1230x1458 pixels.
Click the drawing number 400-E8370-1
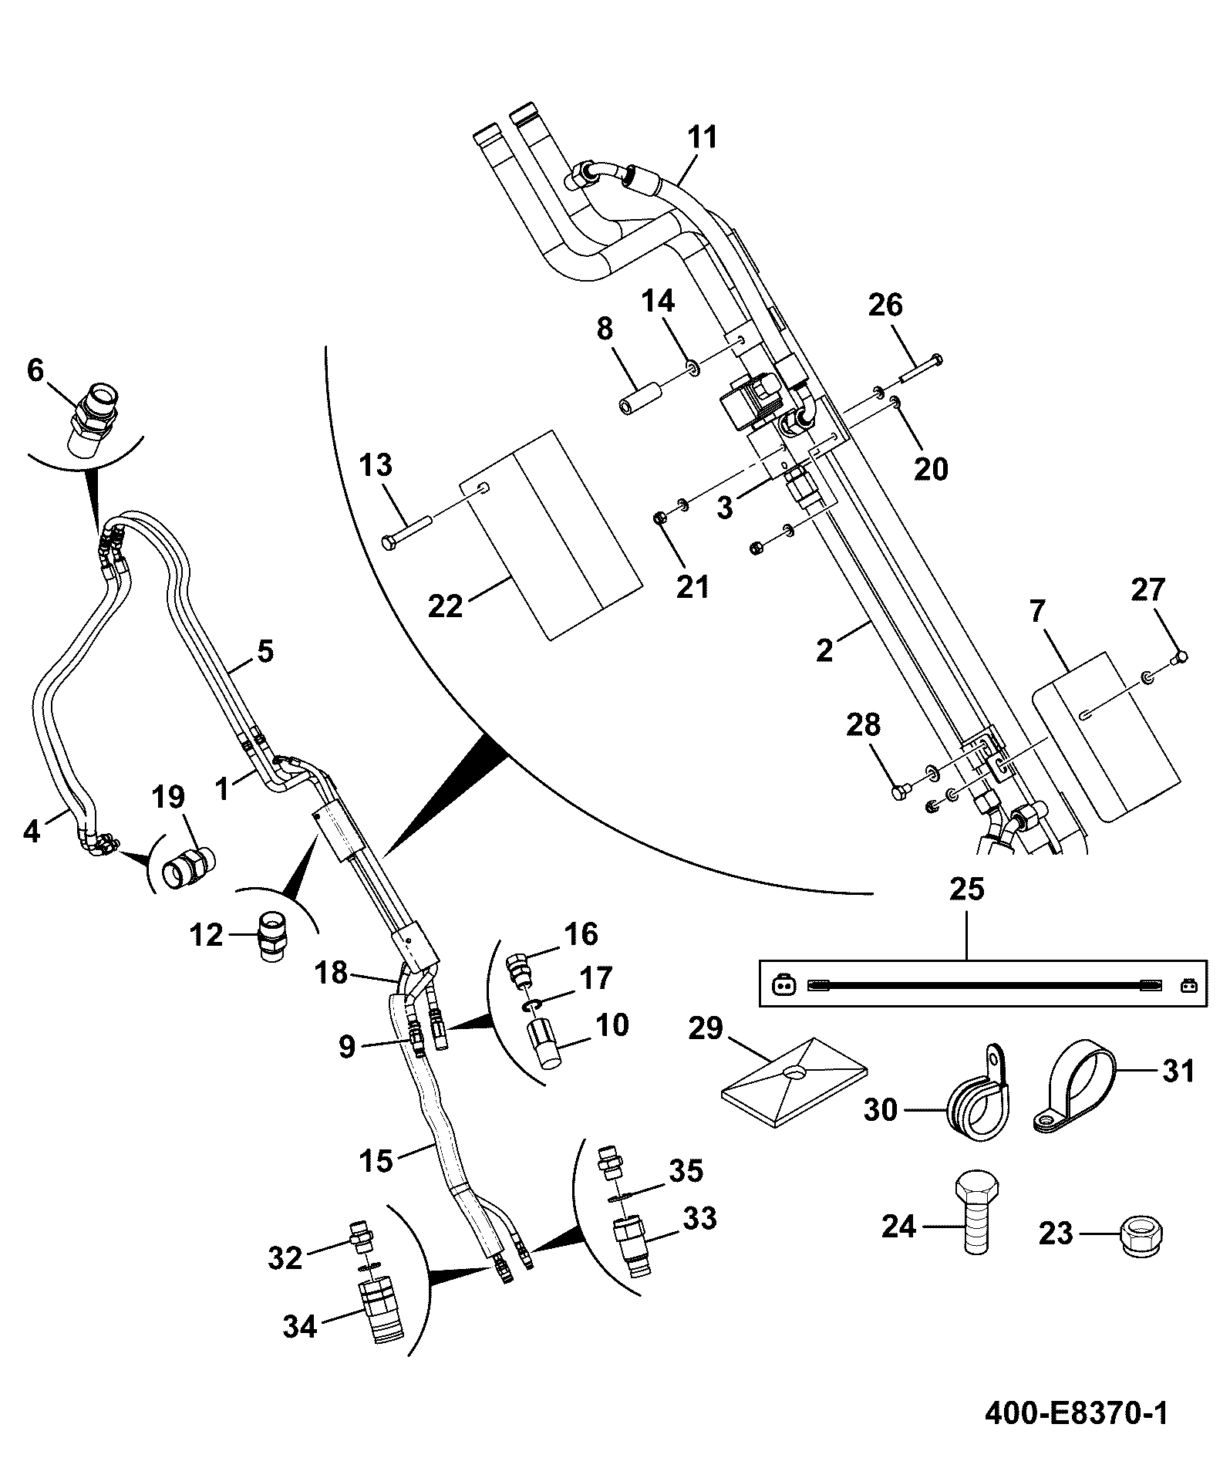click(1076, 1413)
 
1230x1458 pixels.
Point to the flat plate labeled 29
click(794, 1078)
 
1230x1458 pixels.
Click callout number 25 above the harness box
click(967, 889)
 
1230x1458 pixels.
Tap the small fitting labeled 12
click(270, 937)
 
